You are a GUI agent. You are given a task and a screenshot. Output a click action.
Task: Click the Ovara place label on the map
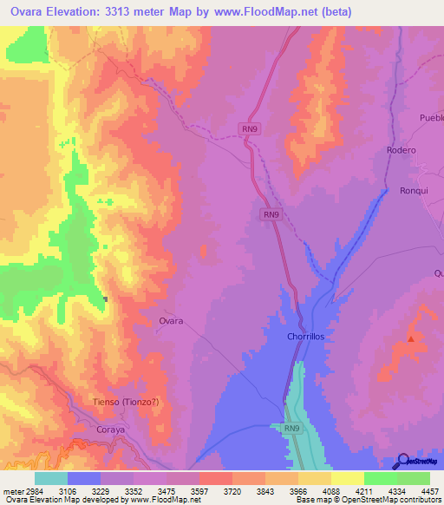click(x=171, y=321)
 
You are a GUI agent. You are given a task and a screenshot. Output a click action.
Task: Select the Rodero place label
click(x=401, y=150)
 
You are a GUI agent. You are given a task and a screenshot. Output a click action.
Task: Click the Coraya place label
click(x=112, y=428)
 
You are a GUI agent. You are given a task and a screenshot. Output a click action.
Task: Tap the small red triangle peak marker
click(x=411, y=338)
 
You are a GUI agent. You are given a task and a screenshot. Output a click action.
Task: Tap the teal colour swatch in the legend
click(x=51, y=478)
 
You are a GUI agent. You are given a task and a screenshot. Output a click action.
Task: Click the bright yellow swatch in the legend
click(x=347, y=478)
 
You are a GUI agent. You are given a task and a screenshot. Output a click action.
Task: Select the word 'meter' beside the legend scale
click(x=15, y=489)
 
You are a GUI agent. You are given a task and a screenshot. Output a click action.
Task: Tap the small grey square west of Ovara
click(x=105, y=299)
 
